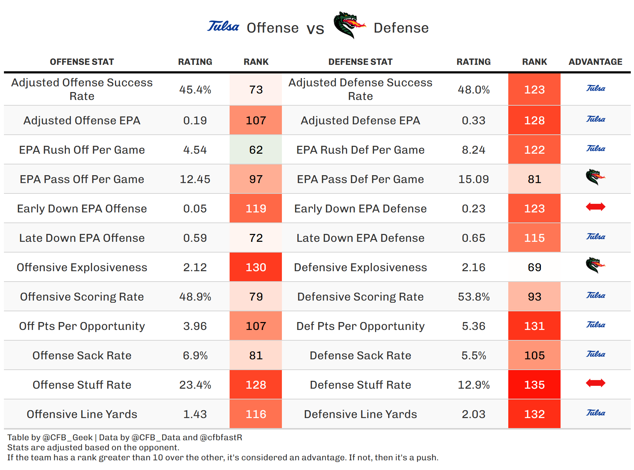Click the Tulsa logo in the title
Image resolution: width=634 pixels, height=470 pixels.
[x=223, y=27]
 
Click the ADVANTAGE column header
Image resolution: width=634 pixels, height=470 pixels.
[x=595, y=62]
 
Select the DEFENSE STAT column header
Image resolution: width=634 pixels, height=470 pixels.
[x=360, y=62]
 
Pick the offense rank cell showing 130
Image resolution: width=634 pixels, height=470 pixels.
[x=256, y=267]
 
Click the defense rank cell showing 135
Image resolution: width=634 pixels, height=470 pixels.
[x=534, y=385]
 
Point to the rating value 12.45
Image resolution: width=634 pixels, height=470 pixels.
[x=195, y=179]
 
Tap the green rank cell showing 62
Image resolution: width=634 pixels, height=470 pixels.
[x=256, y=150]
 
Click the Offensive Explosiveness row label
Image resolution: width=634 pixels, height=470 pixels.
[x=82, y=267]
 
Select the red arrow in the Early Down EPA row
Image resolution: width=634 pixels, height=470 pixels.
[x=595, y=207]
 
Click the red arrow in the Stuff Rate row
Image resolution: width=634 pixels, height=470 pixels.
[x=595, y=383]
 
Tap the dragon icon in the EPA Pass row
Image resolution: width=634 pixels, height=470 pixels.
[x=595, y=177]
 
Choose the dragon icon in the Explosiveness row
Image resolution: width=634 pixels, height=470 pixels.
[x=595, y=265]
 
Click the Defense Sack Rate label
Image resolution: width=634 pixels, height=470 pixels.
[x=360, y=355]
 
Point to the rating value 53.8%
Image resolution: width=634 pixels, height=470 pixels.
[x=474, y=297]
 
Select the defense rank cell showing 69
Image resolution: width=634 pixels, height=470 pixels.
[x=534, y=267]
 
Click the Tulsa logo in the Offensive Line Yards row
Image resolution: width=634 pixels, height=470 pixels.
[x=595, y=413]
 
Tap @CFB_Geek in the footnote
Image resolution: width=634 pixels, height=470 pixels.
[x=68, y=437]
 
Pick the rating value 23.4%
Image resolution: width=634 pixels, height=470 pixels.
[x=195, y=385]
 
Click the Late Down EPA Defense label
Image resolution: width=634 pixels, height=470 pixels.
[x=360, y=238]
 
